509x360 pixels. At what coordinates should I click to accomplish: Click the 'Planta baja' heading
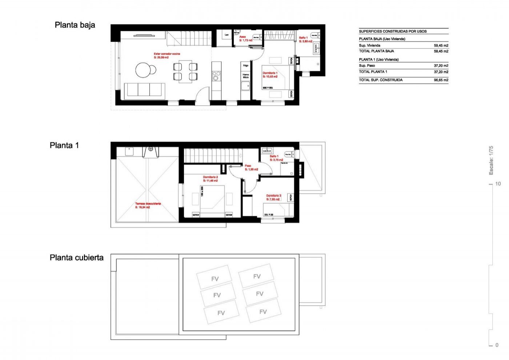tap(75, 25)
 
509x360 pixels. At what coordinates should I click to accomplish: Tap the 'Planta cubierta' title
tap(76, 258)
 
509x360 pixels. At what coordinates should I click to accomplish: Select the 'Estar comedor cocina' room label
tap(167, 54)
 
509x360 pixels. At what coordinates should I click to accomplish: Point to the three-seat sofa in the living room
tap(145, 90)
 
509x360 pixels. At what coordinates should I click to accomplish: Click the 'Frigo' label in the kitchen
tap(246, 66)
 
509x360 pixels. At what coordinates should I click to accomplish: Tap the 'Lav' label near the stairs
tap(227, 35)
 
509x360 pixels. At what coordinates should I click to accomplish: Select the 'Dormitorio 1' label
tap(270, 73)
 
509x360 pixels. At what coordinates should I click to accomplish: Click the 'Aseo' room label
tap(243, 37)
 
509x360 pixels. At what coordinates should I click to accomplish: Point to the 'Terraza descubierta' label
tap(148, 204)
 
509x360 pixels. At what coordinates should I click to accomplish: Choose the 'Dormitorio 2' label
tap(211, 177)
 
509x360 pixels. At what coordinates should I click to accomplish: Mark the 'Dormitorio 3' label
tap(273, 196)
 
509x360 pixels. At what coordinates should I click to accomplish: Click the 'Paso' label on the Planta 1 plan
tap(248, 166)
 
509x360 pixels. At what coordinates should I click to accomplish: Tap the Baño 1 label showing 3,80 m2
tap(303, 38)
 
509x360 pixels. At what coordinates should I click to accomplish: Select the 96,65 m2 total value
tap(441, 80)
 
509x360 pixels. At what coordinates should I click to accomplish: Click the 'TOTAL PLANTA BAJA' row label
tap(376, 51)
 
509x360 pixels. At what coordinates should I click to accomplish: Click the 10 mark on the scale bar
tap(498, 184)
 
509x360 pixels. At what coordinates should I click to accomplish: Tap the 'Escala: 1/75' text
tap(491, 160)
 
